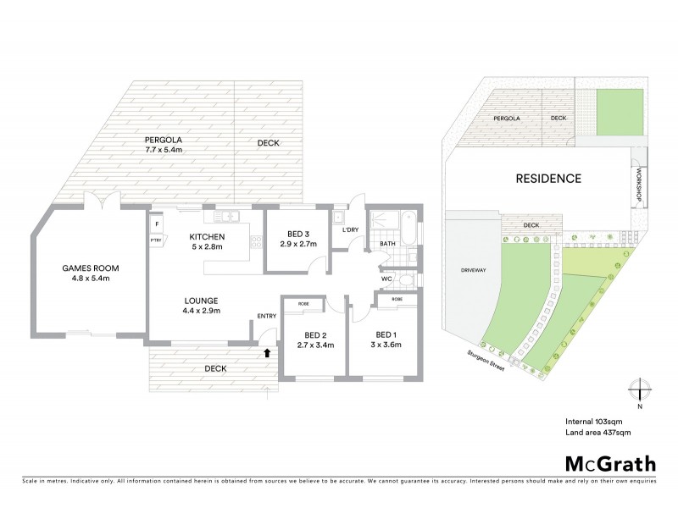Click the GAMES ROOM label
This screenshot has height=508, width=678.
[x=90, y=273]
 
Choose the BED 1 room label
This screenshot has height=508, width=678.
[x=386, y=339]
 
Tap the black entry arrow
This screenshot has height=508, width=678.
[x=269, y=352]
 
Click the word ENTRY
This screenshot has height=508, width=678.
[x=267, y=317]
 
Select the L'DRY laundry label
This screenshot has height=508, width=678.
[x=351, y=230]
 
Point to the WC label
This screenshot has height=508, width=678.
[x=385, y=278]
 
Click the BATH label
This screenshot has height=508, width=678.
[x=387, y=244]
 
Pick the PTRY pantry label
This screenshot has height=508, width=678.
[x=156, y=240]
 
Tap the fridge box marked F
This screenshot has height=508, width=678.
[x=156, y=224]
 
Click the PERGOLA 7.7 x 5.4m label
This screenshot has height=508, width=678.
[x=164, y=145]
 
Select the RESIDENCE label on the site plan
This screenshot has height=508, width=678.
[x=549, y=179]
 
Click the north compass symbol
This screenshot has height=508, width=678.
[x=639, y=390]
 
